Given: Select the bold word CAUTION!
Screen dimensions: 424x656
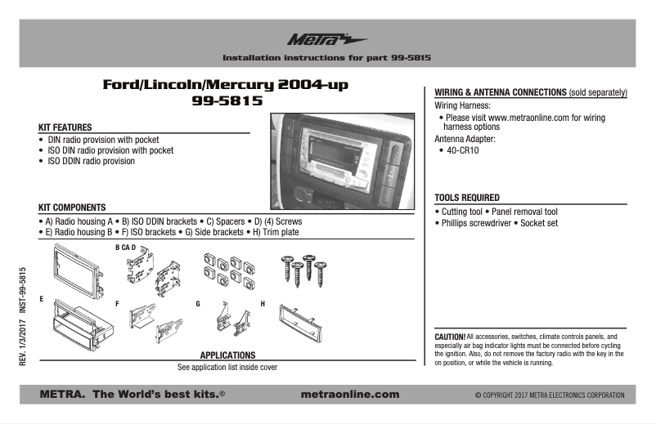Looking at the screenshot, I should point(450,337).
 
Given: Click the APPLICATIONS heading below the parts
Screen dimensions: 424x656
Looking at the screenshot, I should point(227,355).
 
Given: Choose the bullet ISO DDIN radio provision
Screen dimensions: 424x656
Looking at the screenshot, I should point(91,161).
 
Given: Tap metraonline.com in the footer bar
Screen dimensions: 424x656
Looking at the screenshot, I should point(350,394).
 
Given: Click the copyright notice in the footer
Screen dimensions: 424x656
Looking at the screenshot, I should point(549,395).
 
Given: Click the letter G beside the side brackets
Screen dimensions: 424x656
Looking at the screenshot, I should point(198,303).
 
